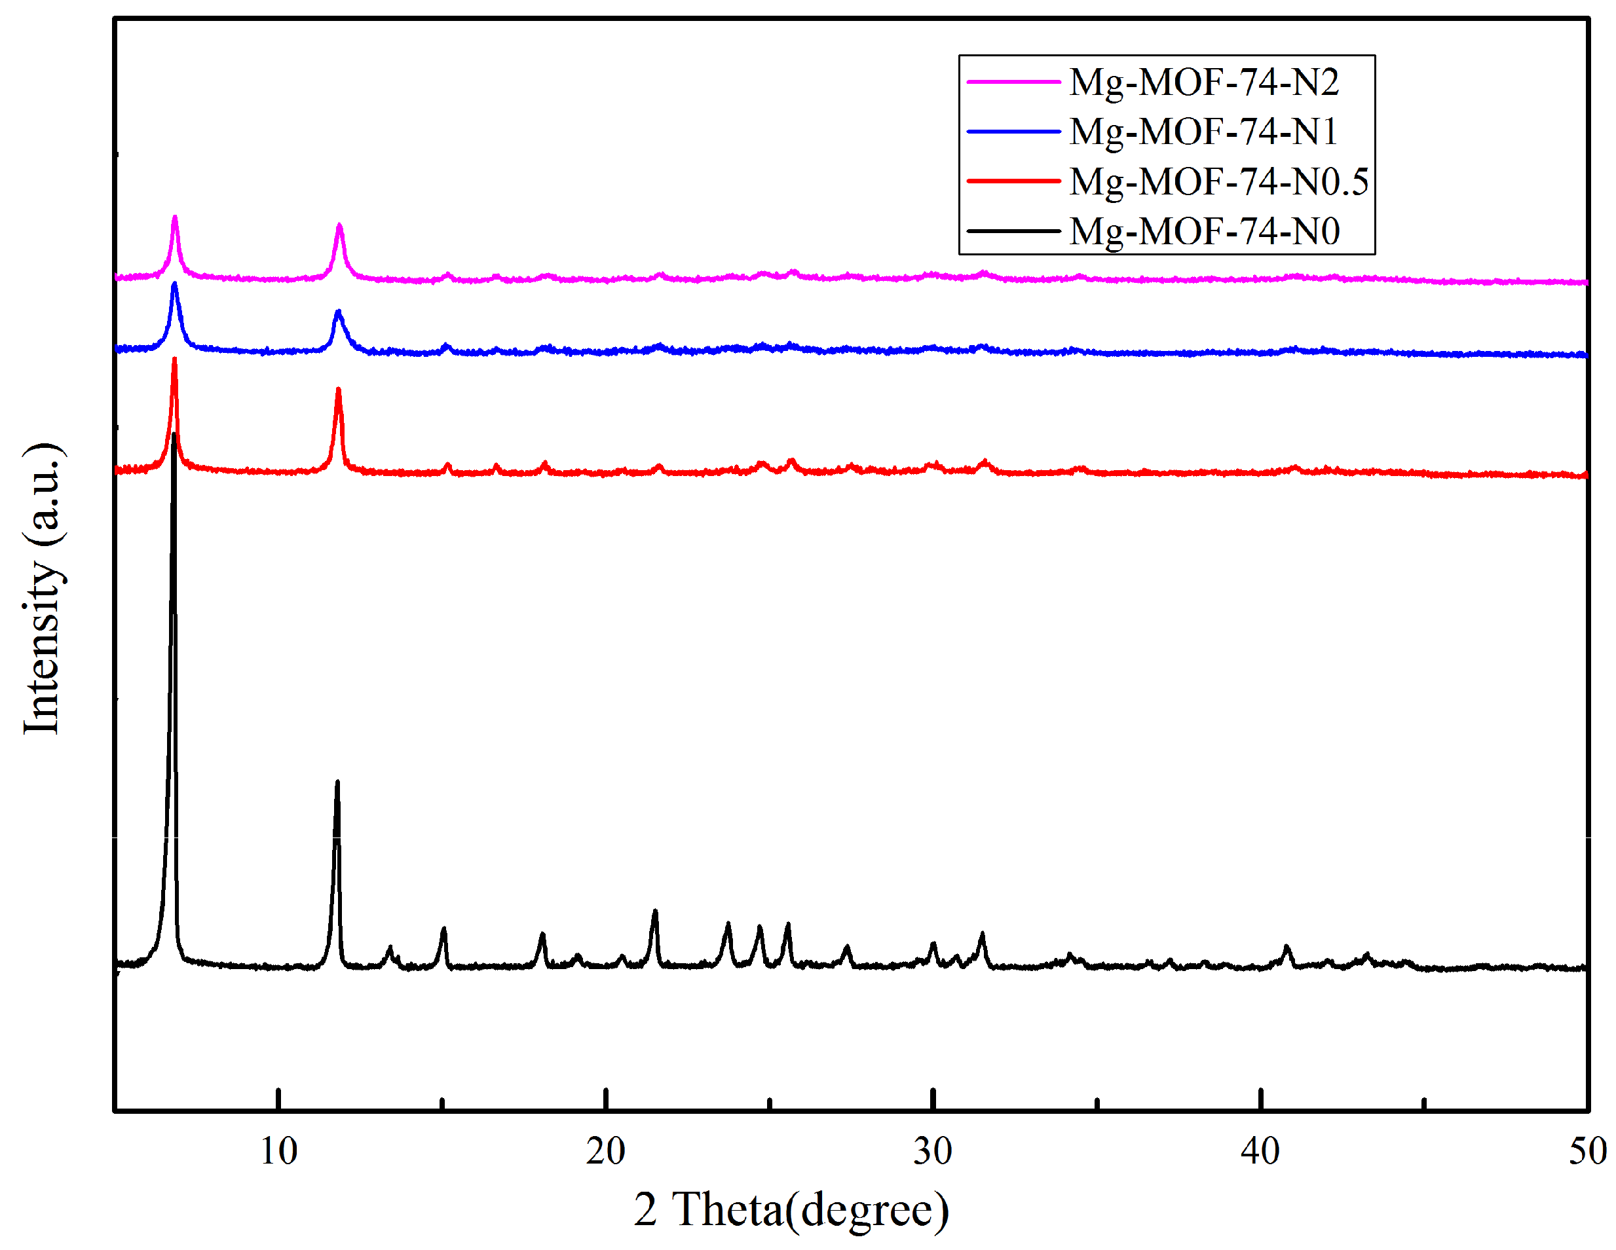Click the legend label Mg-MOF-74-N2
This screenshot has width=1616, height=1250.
click(1204, 81)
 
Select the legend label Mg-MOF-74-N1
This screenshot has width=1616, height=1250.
click(1204, 132)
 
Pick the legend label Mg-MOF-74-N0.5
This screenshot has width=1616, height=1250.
click(1218, 181)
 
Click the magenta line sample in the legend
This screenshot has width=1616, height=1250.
click(1014, 81)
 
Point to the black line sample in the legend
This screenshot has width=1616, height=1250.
click(1014, 230)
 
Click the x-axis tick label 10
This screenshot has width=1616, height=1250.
click(278, 1152)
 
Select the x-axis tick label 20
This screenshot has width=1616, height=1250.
click(605, 1152)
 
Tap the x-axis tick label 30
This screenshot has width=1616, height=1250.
click(932, 1152)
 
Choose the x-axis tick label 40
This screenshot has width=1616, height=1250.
click(1260, 1152)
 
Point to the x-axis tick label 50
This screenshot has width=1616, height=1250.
click(1587, 1152)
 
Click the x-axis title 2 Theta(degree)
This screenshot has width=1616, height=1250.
click(791, 1210)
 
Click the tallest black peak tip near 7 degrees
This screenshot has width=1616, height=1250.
click(174, 435)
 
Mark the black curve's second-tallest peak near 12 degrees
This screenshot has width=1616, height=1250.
click(337, 782)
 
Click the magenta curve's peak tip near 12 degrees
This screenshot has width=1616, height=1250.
click(339, 225)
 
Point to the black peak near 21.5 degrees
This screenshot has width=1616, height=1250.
click(655, 911)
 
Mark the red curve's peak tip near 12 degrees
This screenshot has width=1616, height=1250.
click(338, 389)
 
